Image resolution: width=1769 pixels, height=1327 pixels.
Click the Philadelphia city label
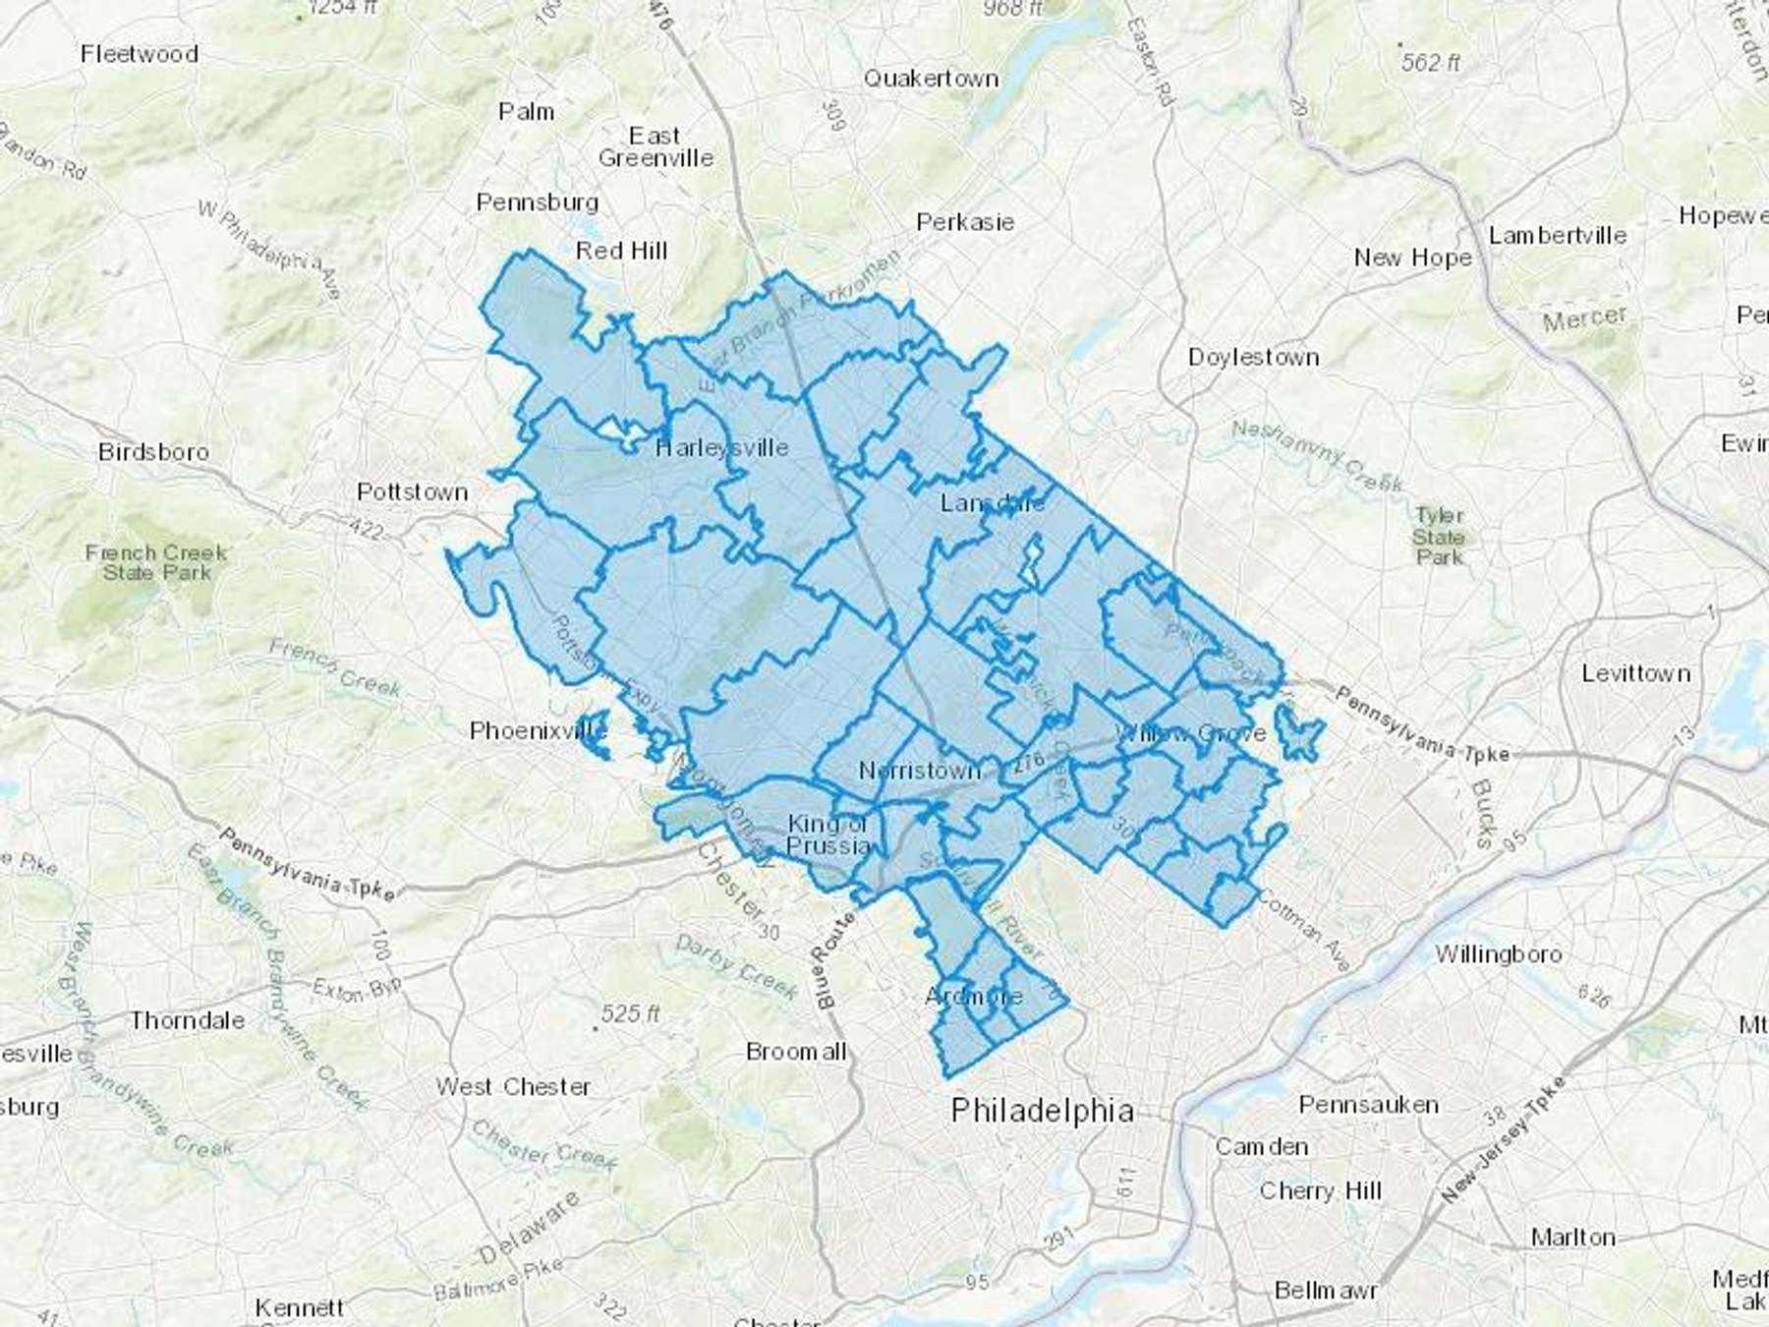click(1042, 1111)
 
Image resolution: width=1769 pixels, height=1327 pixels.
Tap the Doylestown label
click(1253, 357)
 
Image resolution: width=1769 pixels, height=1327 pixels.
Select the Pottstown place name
click(412, 491)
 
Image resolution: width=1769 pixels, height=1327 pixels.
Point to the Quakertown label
click(931, 79)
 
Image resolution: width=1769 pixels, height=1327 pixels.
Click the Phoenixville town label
click(538, 730)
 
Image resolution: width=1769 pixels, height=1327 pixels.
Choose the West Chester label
click(513, 1086)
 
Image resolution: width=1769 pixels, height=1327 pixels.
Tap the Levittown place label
click(1635, 673)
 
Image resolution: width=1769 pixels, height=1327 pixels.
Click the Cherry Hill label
click(1320, 1191)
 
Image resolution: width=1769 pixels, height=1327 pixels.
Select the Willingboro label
click(1498, 953)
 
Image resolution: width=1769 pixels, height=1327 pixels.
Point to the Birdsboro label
click(153, 452)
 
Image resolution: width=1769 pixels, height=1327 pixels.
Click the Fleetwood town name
click(140, 54)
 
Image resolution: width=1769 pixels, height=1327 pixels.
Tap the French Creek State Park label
click(156, 562)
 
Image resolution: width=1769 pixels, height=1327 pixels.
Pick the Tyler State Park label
click(1440, 536)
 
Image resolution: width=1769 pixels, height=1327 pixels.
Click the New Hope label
click(1412, 258)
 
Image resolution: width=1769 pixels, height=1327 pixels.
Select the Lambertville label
click(1557, 236)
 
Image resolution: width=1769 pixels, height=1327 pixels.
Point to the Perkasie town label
click(964, 222)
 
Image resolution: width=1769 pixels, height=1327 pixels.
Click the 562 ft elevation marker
click(1430, 63)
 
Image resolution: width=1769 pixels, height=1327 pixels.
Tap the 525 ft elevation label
click(630, 1013)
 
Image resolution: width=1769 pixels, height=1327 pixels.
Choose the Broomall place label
click(795, 1052)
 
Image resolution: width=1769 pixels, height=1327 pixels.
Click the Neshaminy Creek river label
click(1317, 455)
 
